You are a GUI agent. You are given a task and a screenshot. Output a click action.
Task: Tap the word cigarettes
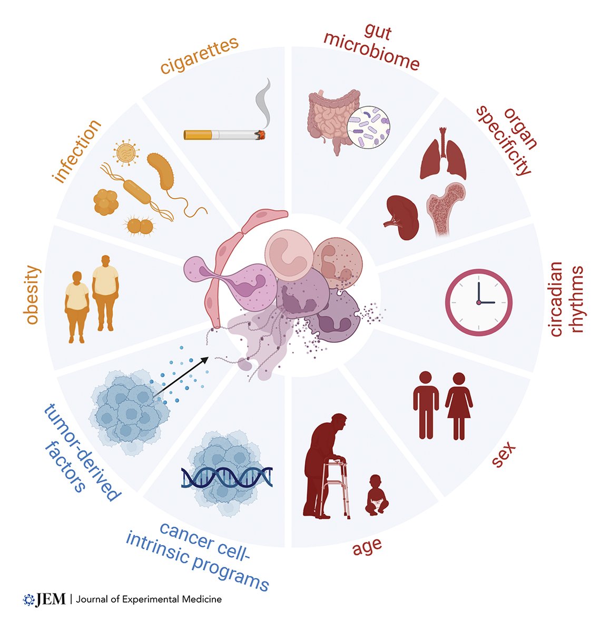point(200,56)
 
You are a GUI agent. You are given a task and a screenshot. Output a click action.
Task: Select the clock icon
point(478,302)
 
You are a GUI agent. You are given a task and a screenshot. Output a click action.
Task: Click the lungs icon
point(443,155)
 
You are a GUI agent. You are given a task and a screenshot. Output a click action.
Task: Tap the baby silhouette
point(376,495)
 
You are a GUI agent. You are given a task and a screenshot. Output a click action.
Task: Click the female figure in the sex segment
point(459,406)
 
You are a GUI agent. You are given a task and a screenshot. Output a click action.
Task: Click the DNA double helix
point(227,477)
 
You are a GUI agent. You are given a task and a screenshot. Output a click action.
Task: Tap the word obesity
point(33,295)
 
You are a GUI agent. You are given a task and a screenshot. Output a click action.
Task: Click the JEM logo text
point(51,599)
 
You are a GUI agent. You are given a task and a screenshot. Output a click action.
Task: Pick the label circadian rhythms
point(567,300)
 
